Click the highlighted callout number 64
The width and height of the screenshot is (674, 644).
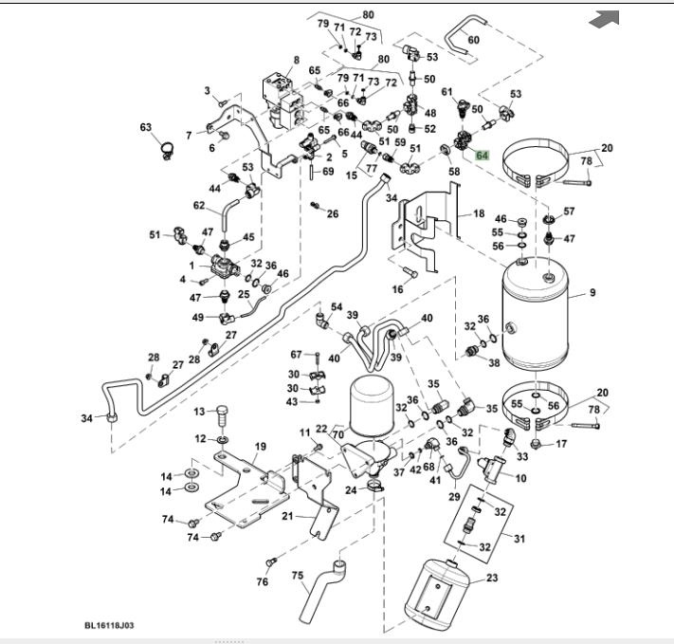[x=483, y=156]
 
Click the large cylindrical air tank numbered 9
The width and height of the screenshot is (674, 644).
[x=540, y=316]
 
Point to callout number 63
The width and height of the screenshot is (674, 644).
[x=146, y=127]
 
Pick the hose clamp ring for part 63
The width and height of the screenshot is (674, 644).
[x=163, y=148]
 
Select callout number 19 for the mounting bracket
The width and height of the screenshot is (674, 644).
[x=260, y=447]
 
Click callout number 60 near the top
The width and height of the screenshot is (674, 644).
[x=473, y=40]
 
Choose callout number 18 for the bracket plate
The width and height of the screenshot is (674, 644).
[x=479, y=215]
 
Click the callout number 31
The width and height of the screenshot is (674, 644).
[x=519, y=540]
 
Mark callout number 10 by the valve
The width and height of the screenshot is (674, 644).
[x=520, y=477]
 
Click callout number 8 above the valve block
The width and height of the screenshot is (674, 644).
[x=296, y=60]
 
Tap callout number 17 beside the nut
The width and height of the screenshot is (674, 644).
[x=560, y=444]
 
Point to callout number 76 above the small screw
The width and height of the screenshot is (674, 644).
[x=263, y=581]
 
